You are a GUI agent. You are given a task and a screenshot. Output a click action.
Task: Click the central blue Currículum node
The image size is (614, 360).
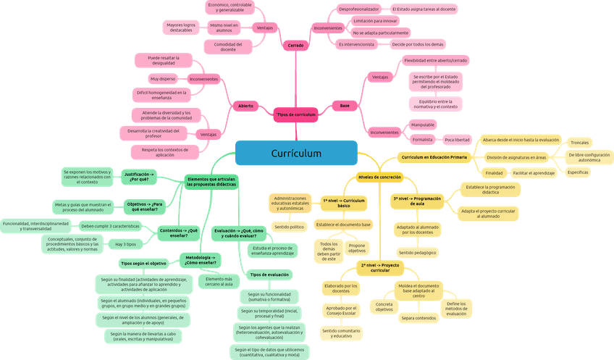click(x=296, y=154)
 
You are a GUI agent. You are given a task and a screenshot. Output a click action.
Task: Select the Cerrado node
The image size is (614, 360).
click(x=295, y=46)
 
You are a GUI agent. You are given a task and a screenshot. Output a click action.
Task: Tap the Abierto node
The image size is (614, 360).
click(x=245, y=106)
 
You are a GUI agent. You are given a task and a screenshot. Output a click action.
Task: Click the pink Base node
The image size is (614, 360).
click(x=345, y=106)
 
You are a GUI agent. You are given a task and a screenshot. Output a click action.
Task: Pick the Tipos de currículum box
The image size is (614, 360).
click(x=296, y=114)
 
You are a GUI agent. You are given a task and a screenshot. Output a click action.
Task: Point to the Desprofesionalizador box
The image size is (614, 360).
click(x=359, y=9)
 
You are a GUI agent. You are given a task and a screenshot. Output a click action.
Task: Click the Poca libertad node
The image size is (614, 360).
click(x=457, y=139)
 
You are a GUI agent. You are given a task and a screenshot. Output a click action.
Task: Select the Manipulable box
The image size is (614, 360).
click(x=422, y=125)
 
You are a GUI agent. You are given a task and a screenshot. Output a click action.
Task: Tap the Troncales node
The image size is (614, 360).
click(x=579, y=142)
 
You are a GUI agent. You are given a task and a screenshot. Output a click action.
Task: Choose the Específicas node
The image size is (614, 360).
click(x=578, y=172)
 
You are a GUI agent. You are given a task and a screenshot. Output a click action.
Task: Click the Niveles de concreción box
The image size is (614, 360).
click(x=379, y=177)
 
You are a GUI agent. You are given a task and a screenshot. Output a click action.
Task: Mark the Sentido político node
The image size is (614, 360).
click(x=289, y=227)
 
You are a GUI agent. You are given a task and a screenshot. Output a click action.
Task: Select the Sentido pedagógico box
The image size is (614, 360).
click(x=416, y=253)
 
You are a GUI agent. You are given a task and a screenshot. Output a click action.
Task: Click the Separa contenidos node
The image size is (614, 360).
click(x=419, y=318)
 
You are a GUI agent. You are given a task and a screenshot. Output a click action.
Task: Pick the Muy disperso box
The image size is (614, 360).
click(x=164, y=78)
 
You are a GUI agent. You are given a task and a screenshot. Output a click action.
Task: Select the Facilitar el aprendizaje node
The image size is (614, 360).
click(x=534, y=174)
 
